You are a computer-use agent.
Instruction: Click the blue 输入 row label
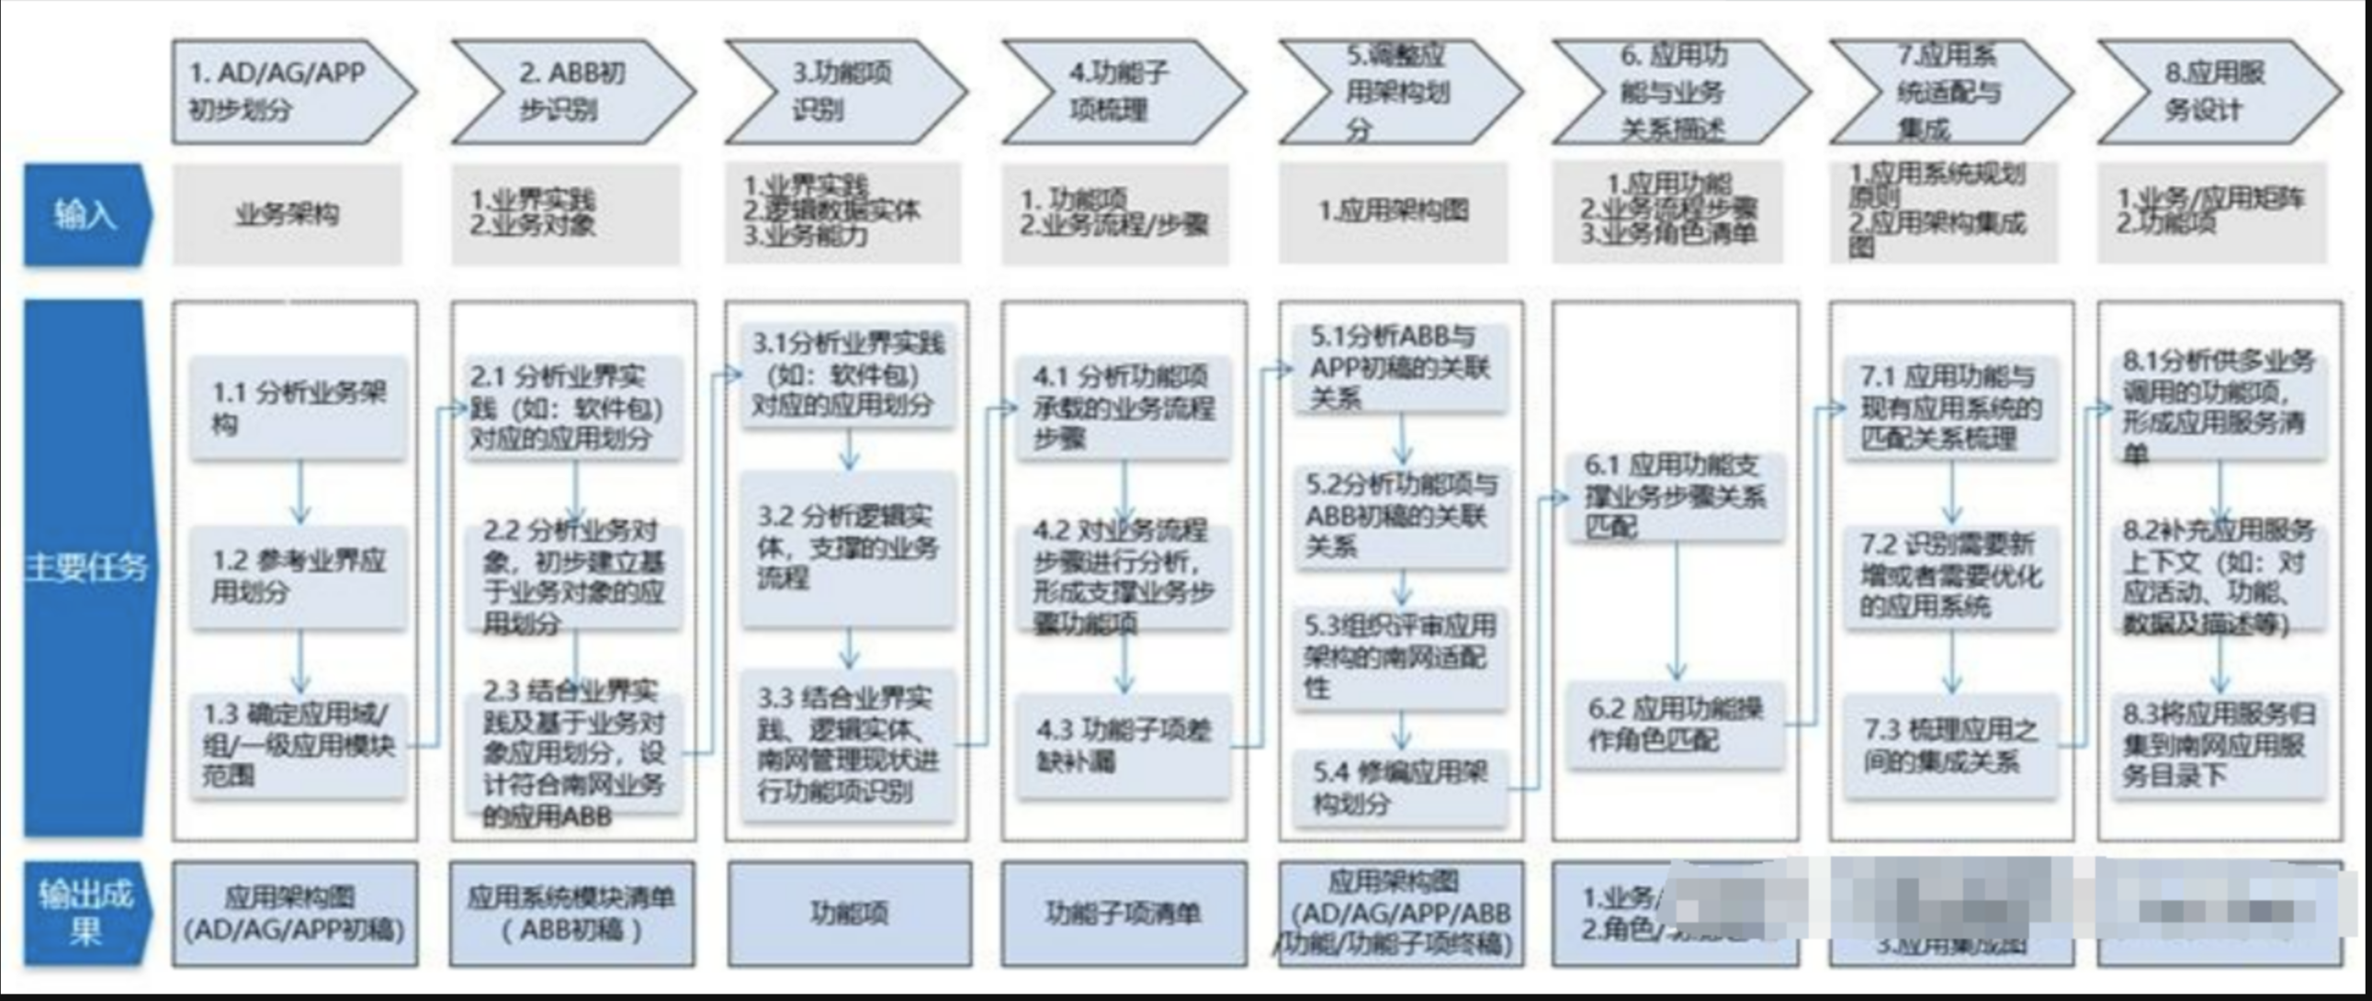pyautogui.click(x=85, y=215)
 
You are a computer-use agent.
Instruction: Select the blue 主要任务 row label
pyautogui.click(x=85, y=568)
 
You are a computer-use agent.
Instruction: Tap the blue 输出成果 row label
pyautogui.click(x=85, y=913)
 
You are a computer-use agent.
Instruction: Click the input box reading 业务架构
pyautogui.click(x=288, y=215)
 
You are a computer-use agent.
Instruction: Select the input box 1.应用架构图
pyautogui.click(x=1393, y=212)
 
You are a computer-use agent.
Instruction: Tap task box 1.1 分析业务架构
pyautogui.click(x=299, y=408)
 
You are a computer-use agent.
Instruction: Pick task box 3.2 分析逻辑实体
pyautogui.click(x=848, y=548)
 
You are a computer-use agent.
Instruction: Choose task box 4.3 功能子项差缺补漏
pyautogui.click(x=1124, y=744)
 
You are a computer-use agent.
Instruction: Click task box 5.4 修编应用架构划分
pyautogui.click(x=1401, y=786)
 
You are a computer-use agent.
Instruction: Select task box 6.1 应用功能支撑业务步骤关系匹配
pyautogui.click(x=1675, y=495)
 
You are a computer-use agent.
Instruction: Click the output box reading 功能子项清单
pyautogui.click(x=1124, y=913)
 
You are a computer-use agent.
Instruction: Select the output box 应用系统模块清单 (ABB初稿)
pyautogui.click(x=571, y=913)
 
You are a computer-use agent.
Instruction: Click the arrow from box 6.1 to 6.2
pyautogui.click(x=1677, y=613)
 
